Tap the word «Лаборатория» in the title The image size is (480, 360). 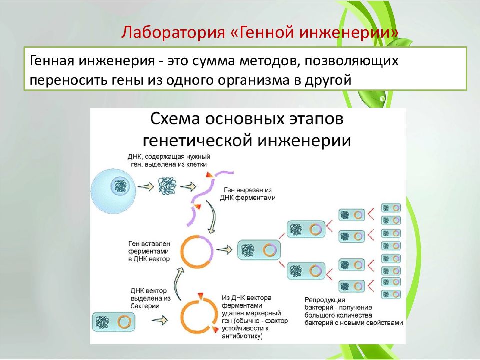click(x=173, y=33)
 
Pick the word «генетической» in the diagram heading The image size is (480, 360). click(x=198, y=141)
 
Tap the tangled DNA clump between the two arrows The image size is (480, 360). click(x=167, y=186)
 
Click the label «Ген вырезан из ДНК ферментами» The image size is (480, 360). click(x=247, y=194)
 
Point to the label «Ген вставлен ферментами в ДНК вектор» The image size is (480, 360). click(x=149, y=251)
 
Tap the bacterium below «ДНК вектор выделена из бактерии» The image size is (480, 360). click(x=113, y=322)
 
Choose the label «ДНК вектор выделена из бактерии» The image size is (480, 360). click(x=150, y=298)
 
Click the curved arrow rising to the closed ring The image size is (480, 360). click(x=177, y=283)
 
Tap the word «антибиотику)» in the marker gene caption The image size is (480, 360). click(x=242, y=336)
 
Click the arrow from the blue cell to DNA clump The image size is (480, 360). click(x=146, y=186)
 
